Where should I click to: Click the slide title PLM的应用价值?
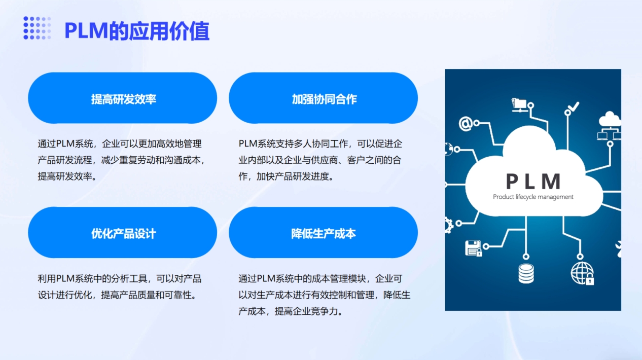tap(137, 31)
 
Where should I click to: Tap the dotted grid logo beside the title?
tap(37, 28)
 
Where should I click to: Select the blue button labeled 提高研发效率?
tap(123, 98)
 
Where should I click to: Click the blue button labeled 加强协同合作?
tap(324, 98)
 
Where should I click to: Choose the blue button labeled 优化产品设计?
tap(123, 232)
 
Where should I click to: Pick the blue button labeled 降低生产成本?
tap(324, 232)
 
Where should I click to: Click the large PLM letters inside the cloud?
tap(533, 181)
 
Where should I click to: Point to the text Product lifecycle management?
tap(533, 197)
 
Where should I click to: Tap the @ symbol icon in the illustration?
tap(466, 124)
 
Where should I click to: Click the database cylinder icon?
tap(526, 274)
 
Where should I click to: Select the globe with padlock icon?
tap(582, 273)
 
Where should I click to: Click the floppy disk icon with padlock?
tap(473, 248)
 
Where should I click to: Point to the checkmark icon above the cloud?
tap(574, 107)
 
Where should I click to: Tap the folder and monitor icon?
tap(519, 105)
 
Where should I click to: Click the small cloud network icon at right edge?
tap(610, 126)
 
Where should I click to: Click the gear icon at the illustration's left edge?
tap(448, 225)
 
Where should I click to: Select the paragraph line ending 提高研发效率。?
tap(67, 176)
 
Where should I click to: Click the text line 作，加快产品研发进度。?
tap(287, 176)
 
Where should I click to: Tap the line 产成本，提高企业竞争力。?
tap(291, 311)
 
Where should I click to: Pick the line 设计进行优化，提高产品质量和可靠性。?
tap(117, 295)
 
